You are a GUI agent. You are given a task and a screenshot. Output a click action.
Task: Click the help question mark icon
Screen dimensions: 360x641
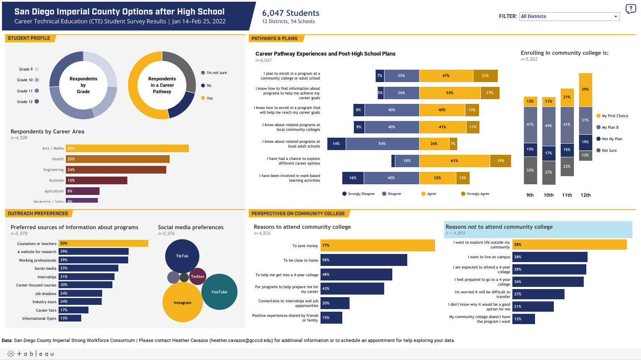[630, 9]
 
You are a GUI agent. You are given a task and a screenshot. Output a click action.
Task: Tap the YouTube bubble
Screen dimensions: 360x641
[219, 292]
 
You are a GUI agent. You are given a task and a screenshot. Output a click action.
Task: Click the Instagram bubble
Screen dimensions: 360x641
[182, 303]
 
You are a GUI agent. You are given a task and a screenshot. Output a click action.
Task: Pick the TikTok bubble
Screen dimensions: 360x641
[182, 256]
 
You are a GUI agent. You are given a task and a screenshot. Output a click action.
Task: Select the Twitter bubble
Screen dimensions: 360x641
[197, 277]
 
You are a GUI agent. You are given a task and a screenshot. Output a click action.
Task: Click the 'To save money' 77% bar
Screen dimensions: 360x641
[377, 245]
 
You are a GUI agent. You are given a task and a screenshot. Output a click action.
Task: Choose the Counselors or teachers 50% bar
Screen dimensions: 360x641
[103, 243]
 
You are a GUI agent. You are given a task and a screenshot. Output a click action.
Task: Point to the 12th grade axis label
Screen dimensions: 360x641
[585, 195]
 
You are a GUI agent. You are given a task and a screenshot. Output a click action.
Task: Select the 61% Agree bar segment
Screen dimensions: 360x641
[454, 161]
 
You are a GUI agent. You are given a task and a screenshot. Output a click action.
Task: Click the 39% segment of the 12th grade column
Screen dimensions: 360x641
[585, 89]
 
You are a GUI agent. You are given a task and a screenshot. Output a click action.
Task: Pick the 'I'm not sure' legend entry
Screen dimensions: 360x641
[216, 73]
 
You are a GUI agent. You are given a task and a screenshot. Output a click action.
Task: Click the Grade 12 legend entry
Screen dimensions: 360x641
[25, 102]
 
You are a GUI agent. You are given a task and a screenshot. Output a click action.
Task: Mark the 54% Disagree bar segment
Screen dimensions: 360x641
[382, 144]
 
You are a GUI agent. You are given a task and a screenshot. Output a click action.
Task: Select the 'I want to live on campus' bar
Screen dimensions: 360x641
[550, 257]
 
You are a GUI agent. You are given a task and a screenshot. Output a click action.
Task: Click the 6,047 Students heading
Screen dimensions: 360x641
[291, 13]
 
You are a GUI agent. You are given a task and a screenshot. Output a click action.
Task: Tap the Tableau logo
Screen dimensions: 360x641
[31, 354]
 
